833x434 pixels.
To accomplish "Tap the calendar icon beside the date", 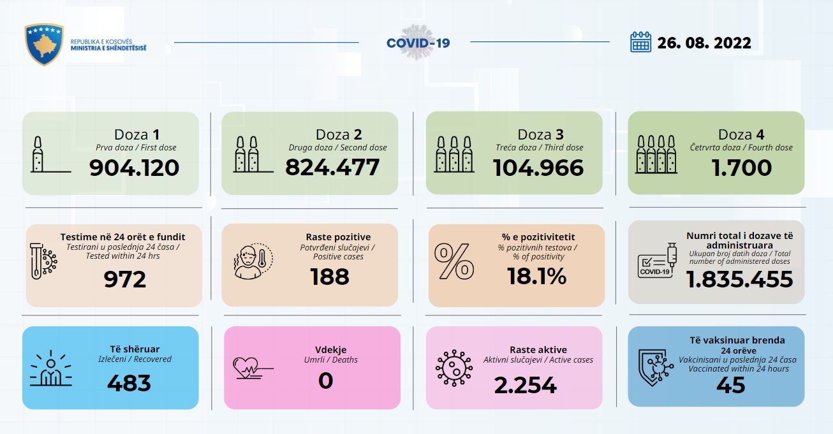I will (640, 42).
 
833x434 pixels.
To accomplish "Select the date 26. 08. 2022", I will (704, 43).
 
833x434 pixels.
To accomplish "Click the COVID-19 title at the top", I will (418, 43).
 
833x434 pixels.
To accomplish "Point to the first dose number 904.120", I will (134, 168).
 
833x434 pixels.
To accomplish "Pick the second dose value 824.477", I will (332, 168).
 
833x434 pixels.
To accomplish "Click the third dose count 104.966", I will (538, 168).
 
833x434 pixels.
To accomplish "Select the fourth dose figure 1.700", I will (741, 168).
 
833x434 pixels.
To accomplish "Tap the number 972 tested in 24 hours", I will (125, 279).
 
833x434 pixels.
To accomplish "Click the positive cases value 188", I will (330, 277).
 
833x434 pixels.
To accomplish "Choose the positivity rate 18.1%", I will (536, 277).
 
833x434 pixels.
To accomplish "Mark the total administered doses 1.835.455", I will (740, 279).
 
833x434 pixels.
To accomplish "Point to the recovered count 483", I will (129, 382).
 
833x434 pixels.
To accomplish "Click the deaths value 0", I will (325, 381).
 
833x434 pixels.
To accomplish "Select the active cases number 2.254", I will (526, 385).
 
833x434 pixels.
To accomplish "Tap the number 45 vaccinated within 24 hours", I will (731, 385).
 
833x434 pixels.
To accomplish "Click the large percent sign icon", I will (454, 261).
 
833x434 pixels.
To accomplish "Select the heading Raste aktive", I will (538, 349).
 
